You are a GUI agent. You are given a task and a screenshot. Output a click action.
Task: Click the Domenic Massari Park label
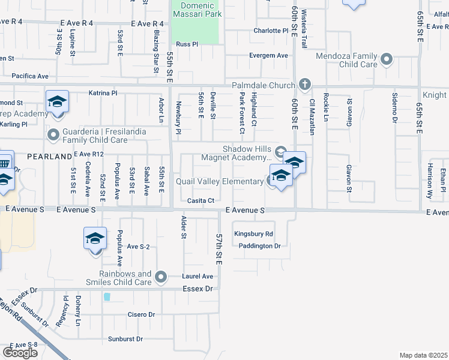point(197,10)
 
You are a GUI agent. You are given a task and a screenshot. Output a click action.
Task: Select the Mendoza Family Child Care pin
point(387,59)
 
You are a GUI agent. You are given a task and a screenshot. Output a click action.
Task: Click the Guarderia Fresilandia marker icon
point(54,134)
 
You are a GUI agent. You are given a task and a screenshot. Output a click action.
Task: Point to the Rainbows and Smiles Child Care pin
point(160,277)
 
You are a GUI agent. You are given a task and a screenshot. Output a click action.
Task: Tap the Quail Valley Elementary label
point(219,181)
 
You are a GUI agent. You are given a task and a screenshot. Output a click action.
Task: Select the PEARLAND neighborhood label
point(49,156)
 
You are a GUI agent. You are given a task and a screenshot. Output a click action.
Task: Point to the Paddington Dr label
point(259,246)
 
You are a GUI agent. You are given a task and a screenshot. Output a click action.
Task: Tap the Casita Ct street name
point(200,200)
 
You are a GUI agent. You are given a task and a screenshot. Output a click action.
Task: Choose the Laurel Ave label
point(198,277)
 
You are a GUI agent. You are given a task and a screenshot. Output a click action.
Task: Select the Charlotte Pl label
point(271,31)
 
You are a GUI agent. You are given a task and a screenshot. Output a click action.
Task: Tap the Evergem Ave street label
point(269,55)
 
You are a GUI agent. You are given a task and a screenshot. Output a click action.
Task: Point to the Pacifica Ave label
point(29,76)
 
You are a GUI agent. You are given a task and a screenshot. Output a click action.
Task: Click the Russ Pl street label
point(187,44)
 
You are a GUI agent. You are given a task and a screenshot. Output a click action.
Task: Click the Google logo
point(20,353)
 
